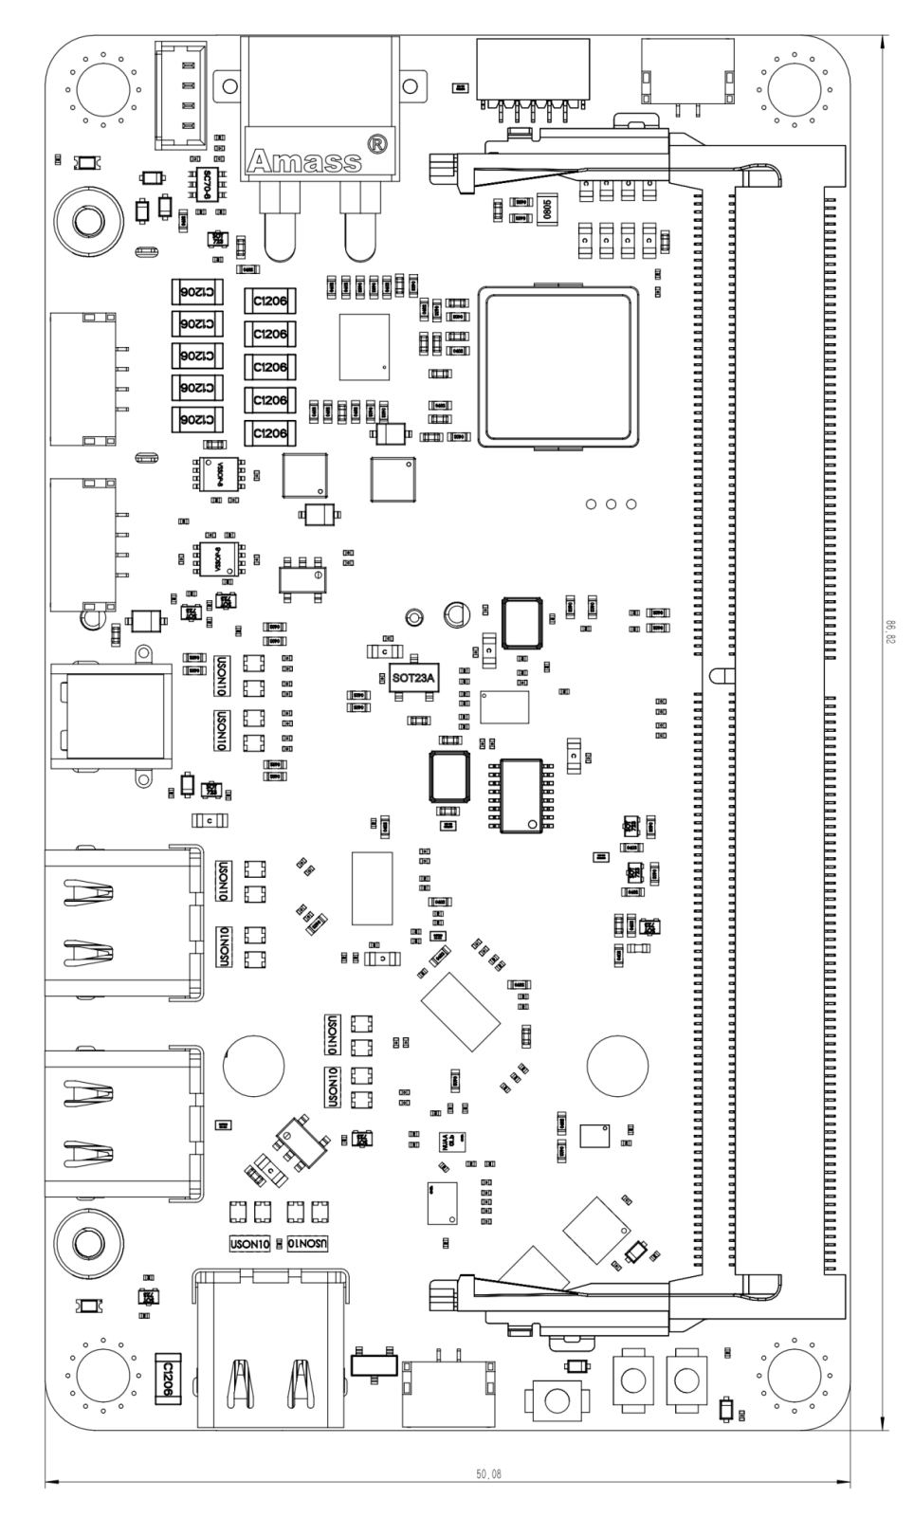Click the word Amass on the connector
(x=302, y=161)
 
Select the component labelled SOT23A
(x=413, y=677)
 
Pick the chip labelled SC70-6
(x=209, y=177)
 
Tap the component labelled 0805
(x=547, y=208)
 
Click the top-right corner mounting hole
(x=794, y=88)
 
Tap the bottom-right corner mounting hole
(x=794, y=1374)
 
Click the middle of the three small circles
(x=612, y=503)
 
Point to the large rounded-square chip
(x=559, y=365)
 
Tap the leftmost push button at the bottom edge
(x=558, y=1399)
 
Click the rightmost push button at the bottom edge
(x=687, y=1379)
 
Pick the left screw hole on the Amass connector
(x=228, y=86)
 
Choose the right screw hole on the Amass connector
(x=409, y=86)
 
